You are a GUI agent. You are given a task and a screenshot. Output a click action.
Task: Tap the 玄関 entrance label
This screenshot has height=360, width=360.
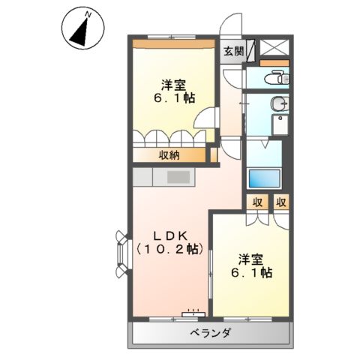pyautogui.click(x=233, y=51)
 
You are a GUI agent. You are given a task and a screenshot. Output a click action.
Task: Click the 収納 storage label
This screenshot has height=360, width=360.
pyautogui.click(x=168, y=155)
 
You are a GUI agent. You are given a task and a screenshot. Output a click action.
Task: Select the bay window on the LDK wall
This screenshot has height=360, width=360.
pyautogui.click(x=122, y=248)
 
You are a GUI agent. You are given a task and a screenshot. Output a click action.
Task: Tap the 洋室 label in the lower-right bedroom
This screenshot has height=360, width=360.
pyautogui.click(x=251, y=259)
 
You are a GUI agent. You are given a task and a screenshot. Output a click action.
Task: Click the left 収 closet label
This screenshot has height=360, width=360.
pyautogui.click(x=256, y=201)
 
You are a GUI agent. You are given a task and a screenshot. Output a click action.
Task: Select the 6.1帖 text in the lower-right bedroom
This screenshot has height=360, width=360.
pyautogui.click(x=251, y=274)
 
